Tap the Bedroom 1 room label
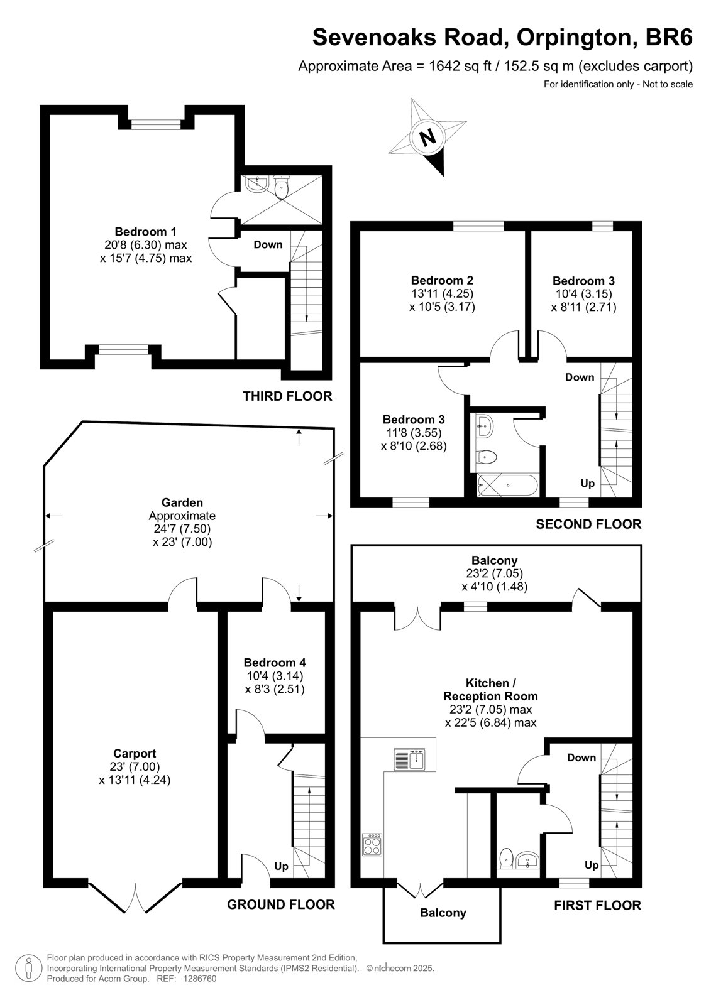(145, 232)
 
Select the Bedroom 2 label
(442, 280)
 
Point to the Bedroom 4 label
(275, 662)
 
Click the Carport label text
(135, 754)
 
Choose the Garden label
(182, 503)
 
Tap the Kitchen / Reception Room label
(490, 690)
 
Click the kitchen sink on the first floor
(410, 759)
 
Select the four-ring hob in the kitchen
(372, 844)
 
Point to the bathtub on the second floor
(507, 485)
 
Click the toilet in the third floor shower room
(281, 187)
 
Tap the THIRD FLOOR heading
(287, 396)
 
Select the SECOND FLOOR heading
(588, 524)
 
